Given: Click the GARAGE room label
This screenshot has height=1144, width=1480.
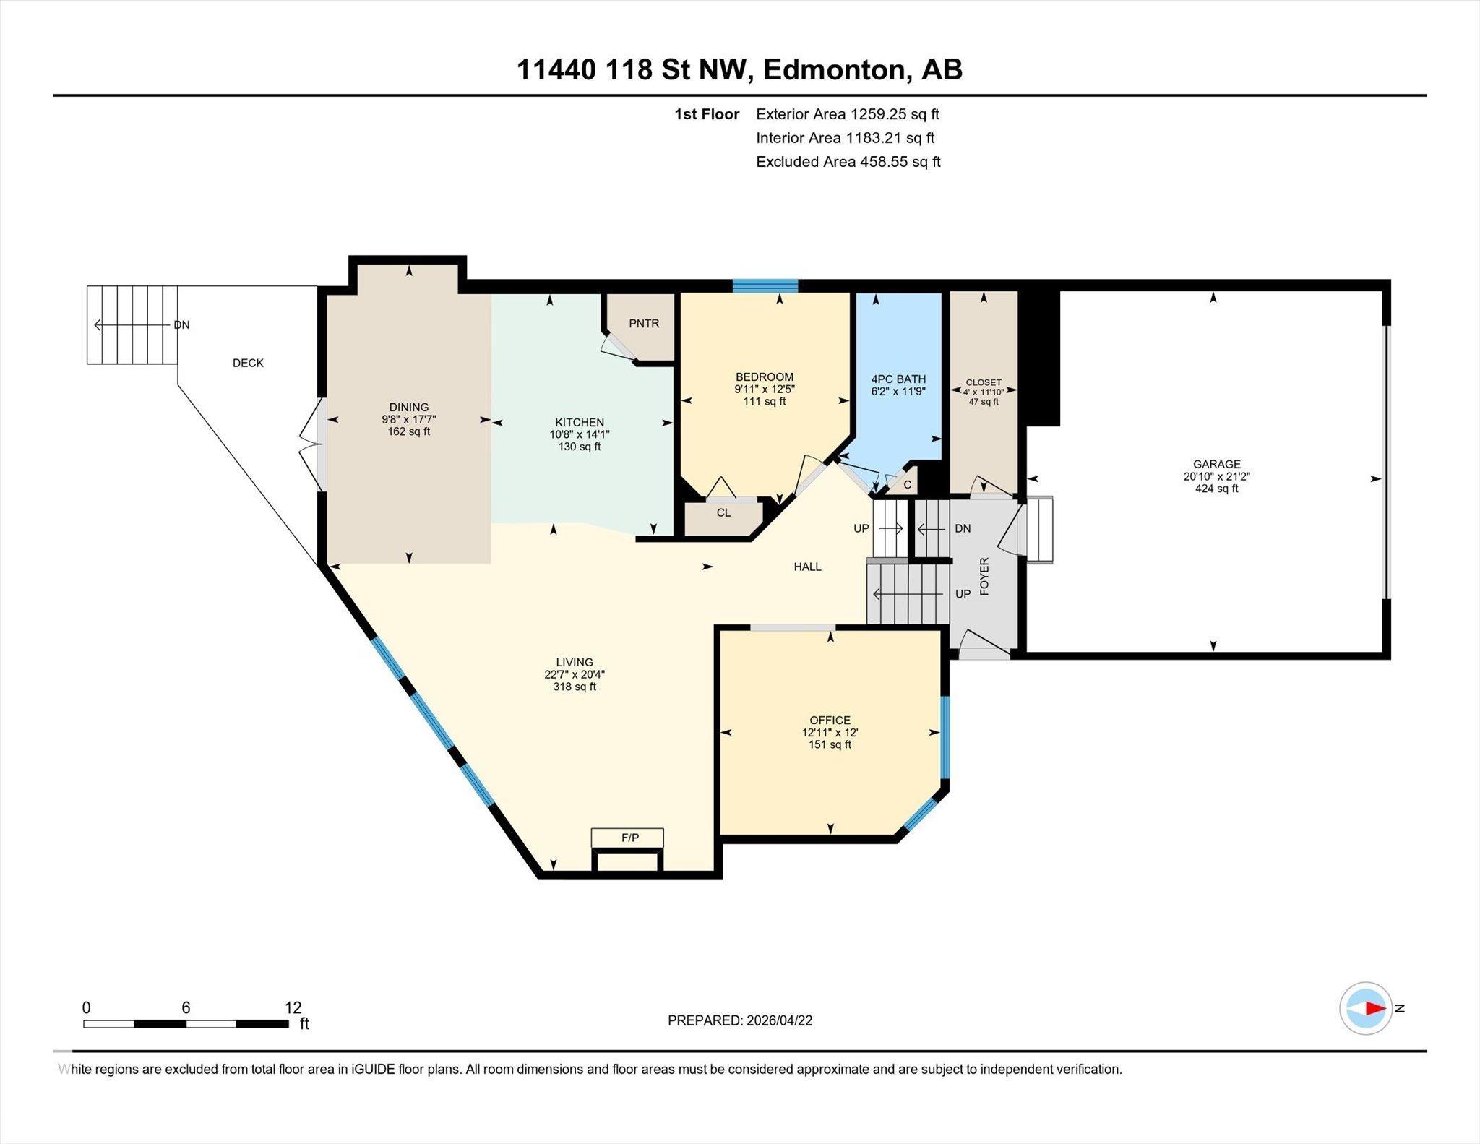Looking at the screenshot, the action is click(1217, 465).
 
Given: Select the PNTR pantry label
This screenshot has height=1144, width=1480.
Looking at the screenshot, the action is click(644, 324).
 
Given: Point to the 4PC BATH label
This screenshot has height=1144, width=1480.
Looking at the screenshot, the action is click(898, 379).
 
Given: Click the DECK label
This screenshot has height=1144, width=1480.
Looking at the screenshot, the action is click(248, 364).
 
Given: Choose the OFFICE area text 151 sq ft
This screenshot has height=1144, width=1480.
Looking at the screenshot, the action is click(830, 745).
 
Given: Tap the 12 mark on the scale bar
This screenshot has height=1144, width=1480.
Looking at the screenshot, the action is click(293, 1007).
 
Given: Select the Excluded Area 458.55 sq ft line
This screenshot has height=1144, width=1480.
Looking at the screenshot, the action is click(848, 162).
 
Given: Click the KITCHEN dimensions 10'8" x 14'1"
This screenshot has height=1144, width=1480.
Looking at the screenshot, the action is click(580, 435).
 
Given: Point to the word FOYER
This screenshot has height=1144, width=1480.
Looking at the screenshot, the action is click(984, 576).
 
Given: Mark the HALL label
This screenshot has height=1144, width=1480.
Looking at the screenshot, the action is click(807, 567).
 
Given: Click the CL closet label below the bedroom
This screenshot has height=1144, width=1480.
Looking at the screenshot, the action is click(723, 513).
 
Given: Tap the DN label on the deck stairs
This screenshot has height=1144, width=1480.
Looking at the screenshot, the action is click(181, 325).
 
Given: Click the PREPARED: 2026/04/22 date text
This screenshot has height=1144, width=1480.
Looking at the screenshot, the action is click(740, 1020).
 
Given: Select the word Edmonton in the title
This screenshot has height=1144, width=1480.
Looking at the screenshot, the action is click(833, 70).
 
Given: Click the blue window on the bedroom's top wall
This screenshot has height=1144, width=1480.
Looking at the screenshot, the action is click(765, 285).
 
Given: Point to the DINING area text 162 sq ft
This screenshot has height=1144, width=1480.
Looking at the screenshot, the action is click(409, 432).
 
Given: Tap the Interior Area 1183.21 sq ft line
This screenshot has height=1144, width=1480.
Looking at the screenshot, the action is click(846, 138).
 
